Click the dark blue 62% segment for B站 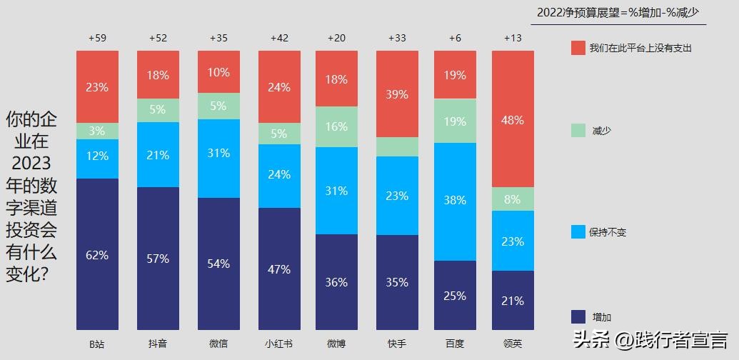[x=98, y=254]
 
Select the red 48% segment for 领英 [x=513, y=119]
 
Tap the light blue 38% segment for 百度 [x=455, y=201]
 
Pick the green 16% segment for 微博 [x=336, y=126]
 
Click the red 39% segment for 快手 [x=397, y=94]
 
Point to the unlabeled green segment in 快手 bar [x=397, y=146]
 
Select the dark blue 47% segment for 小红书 [x=279, y=269]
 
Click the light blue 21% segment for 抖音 [x=159, y=155]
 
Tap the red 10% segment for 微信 [x=219, y=72]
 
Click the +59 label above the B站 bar [x=97, y=38]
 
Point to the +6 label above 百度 [x=455, y=38]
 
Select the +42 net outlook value [x=279, y=38]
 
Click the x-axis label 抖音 [x=158, y=344]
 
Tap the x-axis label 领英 [x=513, y=344]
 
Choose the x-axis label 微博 [x=336, y=344]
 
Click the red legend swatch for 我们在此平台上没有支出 [x=578, y=48]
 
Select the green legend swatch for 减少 [x=578, y=131]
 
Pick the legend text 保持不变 [x=608, y=232]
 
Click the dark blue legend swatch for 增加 [x=578, y=316]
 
